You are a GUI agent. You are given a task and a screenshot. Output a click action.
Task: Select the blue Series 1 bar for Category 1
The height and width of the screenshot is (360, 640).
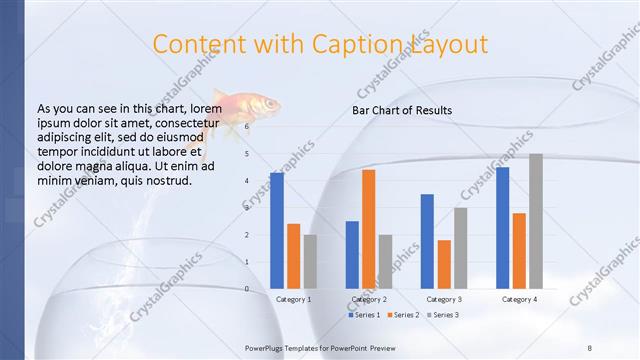[x=277, y=230]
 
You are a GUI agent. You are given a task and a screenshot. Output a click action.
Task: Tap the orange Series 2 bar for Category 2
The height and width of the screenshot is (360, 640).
[x=369, y=229]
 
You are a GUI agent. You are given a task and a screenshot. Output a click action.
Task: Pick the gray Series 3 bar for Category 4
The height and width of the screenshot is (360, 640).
[x=536, y=221]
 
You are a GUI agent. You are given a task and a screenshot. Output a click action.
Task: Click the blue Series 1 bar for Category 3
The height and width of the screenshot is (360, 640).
[x=427, y=241]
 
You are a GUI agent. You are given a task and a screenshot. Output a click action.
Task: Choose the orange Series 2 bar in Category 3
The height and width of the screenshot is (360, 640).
[x=444, y=264]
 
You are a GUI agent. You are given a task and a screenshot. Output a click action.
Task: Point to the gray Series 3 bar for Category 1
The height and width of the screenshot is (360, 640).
[x=310, y=261]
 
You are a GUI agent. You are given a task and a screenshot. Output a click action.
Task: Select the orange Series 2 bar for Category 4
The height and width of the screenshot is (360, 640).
[x=519, y=250]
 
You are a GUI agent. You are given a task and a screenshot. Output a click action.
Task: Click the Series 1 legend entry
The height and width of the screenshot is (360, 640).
[x=365, y=315]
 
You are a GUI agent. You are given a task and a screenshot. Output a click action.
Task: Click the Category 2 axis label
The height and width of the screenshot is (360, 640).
[x=369, y=299]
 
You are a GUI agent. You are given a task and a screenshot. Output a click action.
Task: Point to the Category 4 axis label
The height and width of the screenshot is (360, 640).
[x=519, y=299]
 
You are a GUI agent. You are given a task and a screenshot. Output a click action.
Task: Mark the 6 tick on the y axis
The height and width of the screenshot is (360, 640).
[x=248, y=127]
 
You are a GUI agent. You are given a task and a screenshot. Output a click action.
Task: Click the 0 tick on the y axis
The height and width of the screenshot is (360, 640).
[x=248, y=289]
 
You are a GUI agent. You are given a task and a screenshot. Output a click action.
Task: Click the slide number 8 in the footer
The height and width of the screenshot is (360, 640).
[x=590, y=347]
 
